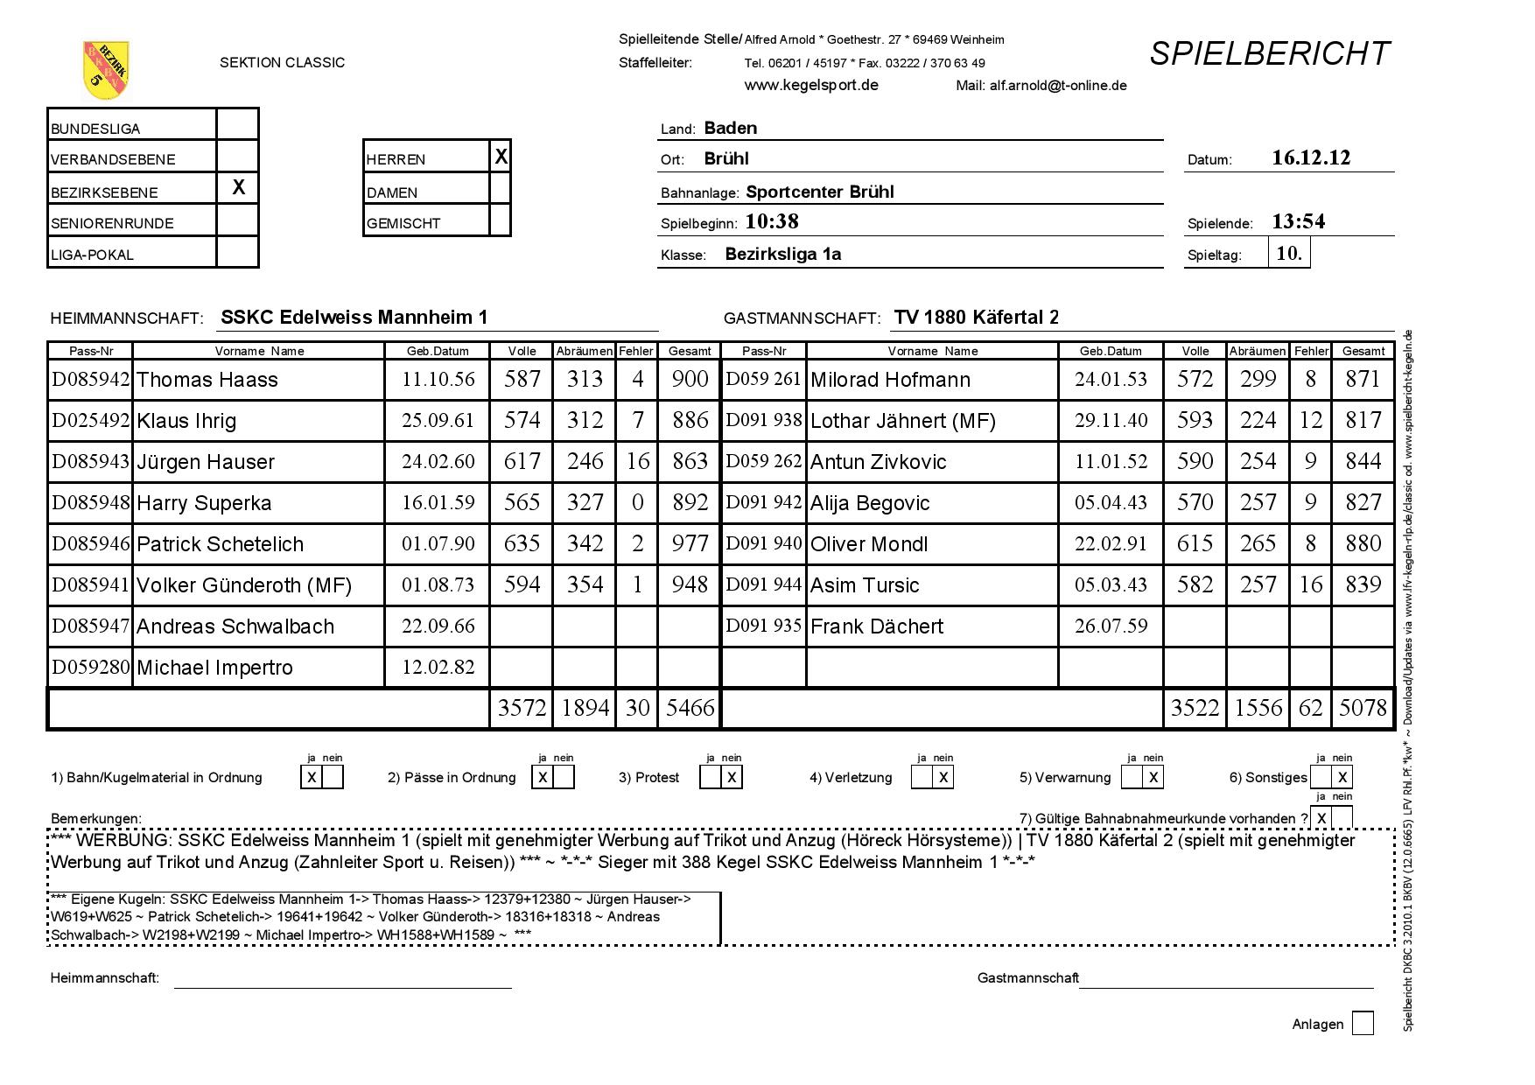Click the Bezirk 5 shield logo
[x=106, y=69]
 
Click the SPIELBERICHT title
[x=1268, y=54]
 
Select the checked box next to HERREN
[x=501, y=157]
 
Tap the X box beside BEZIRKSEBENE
[x=238, y=188]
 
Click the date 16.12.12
[x=1310, y=158]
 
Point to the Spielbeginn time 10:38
[x=772, y=221]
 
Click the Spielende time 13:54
[x=1298, y=221]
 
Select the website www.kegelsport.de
[x=811, y=86]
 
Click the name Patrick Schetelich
[x=220, y=544]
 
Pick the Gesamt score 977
[x=690, y=543]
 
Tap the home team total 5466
[x=690, y=708]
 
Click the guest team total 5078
[x=1363, y=708]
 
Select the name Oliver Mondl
[x=869, y=544]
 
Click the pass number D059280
[x=91, y=668]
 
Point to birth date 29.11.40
[x=1111, y=420]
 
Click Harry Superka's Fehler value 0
[x=637, y=502]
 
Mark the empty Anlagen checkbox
[x=1363, y=1023]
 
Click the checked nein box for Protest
[x=732, y=777]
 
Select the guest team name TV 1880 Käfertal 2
[x=976, y=318]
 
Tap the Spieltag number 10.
[x=1289, y=254]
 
